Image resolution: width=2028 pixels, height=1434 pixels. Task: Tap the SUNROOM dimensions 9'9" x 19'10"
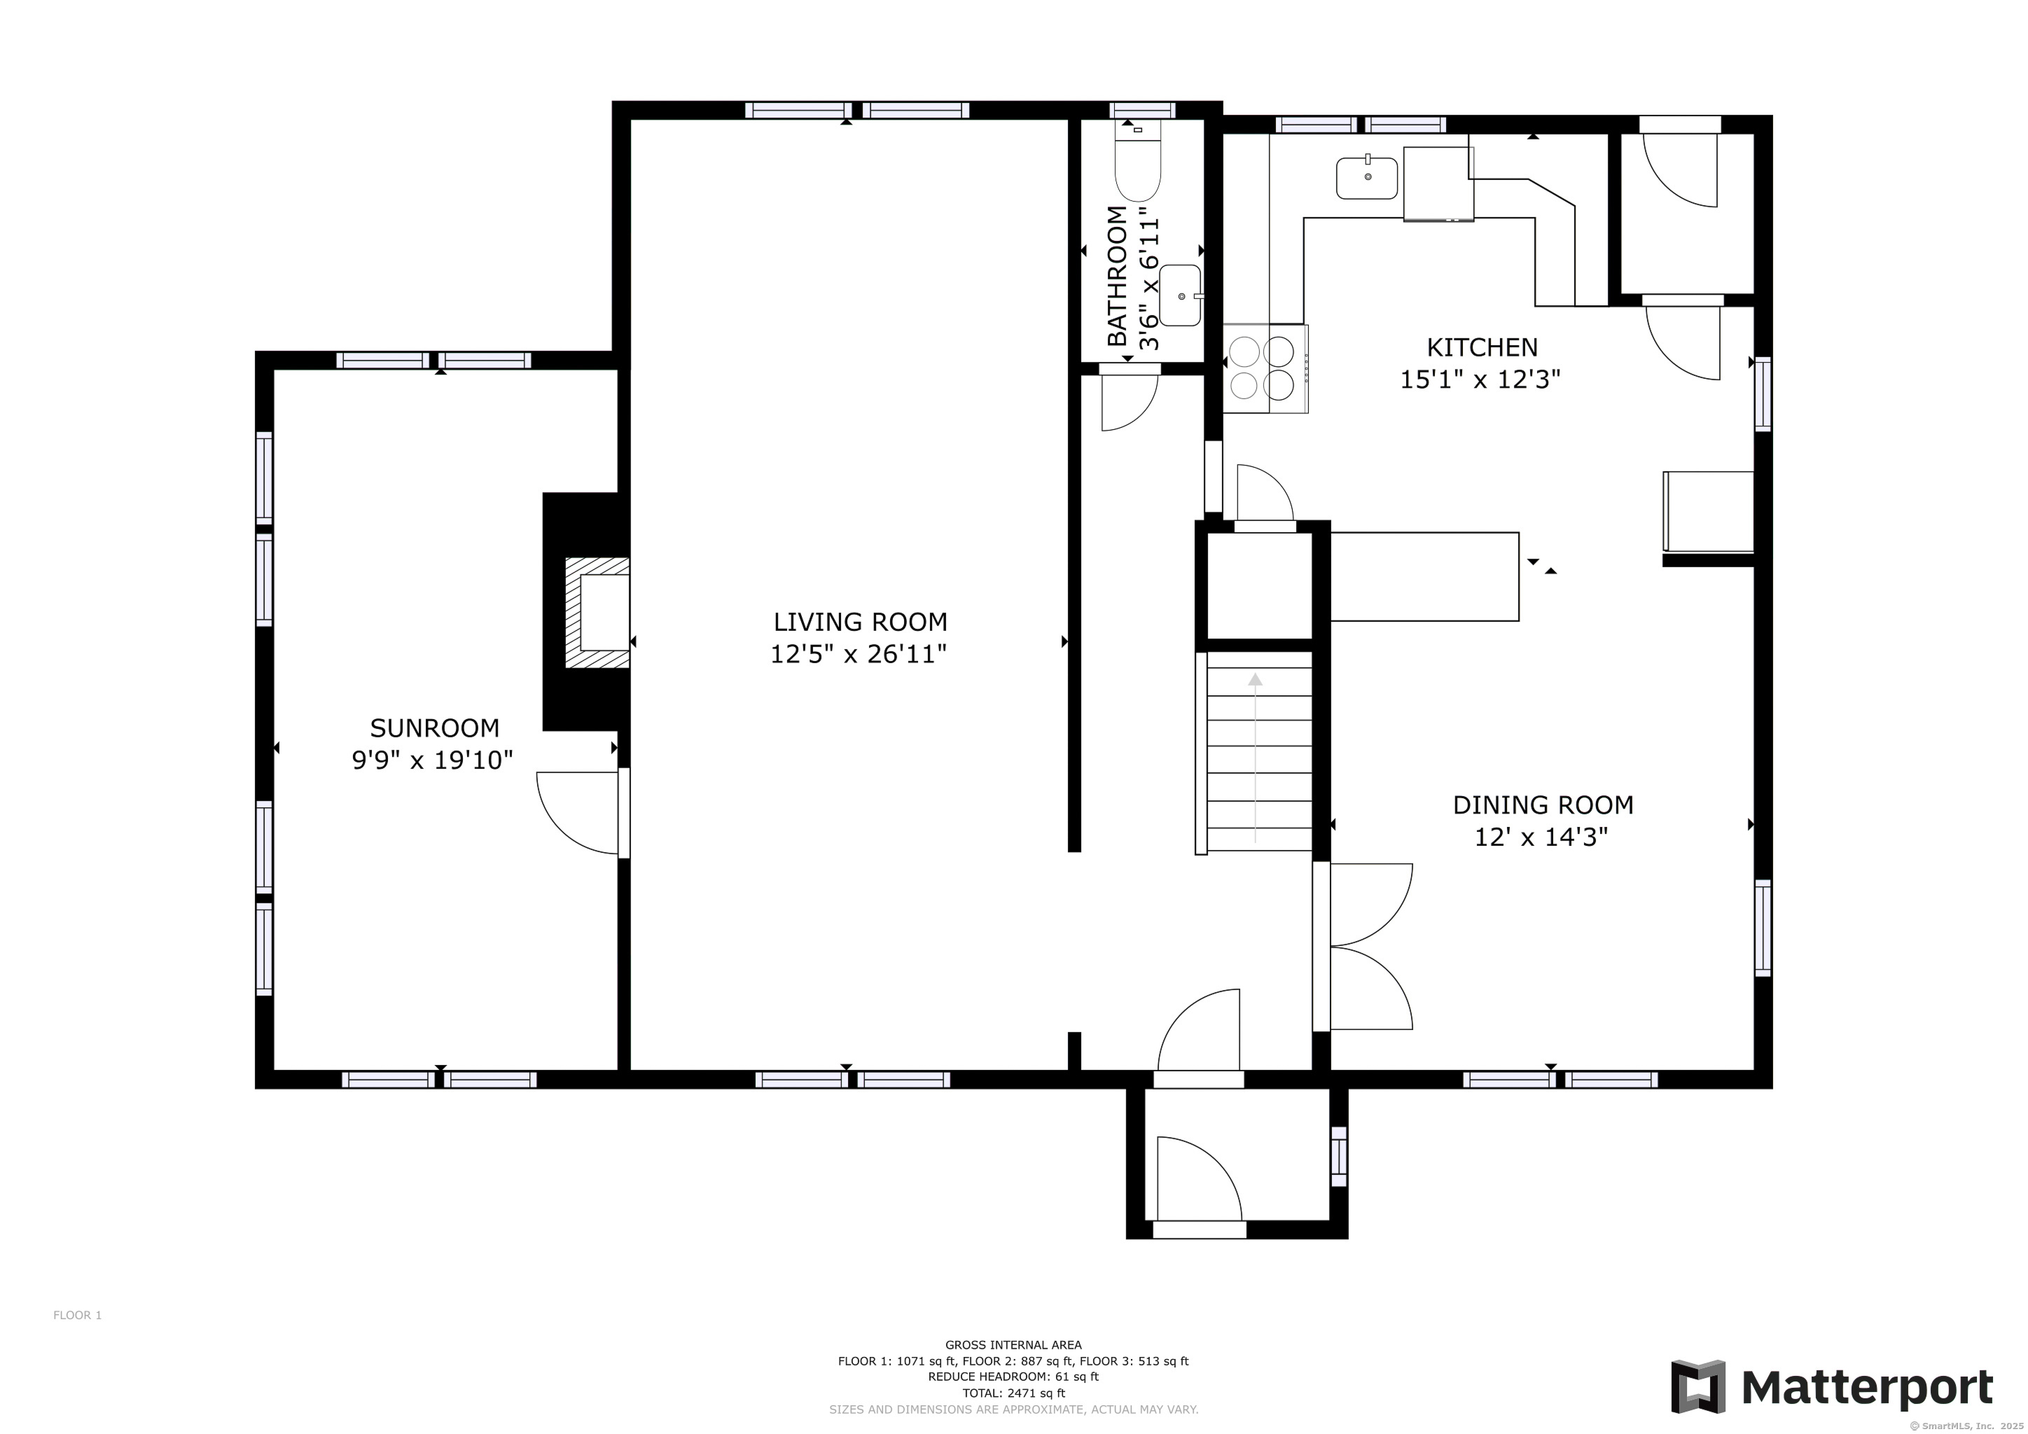point(432,760)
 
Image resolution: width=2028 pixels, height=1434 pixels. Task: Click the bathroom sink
point(1180,295)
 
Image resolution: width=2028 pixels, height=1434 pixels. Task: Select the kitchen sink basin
point(1366,179)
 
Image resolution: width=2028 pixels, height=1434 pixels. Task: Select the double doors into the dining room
point(1365,947)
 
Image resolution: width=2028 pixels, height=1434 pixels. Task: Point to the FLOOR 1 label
point(77,1315)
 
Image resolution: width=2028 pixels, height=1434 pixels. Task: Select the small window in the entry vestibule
point(1338,1157)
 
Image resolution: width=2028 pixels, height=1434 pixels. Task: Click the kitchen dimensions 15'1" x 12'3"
point(1480,380)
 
